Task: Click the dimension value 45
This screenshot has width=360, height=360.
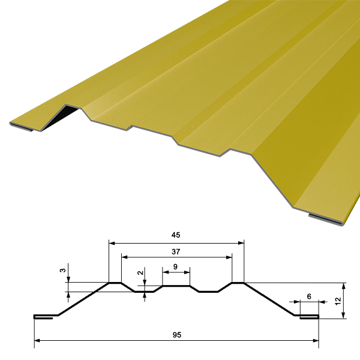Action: click(x=176, y=235)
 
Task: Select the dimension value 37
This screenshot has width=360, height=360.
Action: click(x=176, y=252)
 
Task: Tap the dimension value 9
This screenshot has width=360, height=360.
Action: click(x=175, y=267)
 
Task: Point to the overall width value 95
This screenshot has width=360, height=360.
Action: click(x=177, y=335)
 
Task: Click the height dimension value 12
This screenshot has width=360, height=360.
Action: click(x=338, y=301)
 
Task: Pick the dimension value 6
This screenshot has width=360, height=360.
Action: click(x=309, y=296)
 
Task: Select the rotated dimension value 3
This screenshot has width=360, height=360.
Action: click(x=62, y=271)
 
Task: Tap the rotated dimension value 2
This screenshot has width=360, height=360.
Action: click(x=140, y=273)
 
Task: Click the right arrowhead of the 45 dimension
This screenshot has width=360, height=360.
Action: click(x=241, y=243)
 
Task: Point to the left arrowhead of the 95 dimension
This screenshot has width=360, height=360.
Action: click(x=37, y=341)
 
